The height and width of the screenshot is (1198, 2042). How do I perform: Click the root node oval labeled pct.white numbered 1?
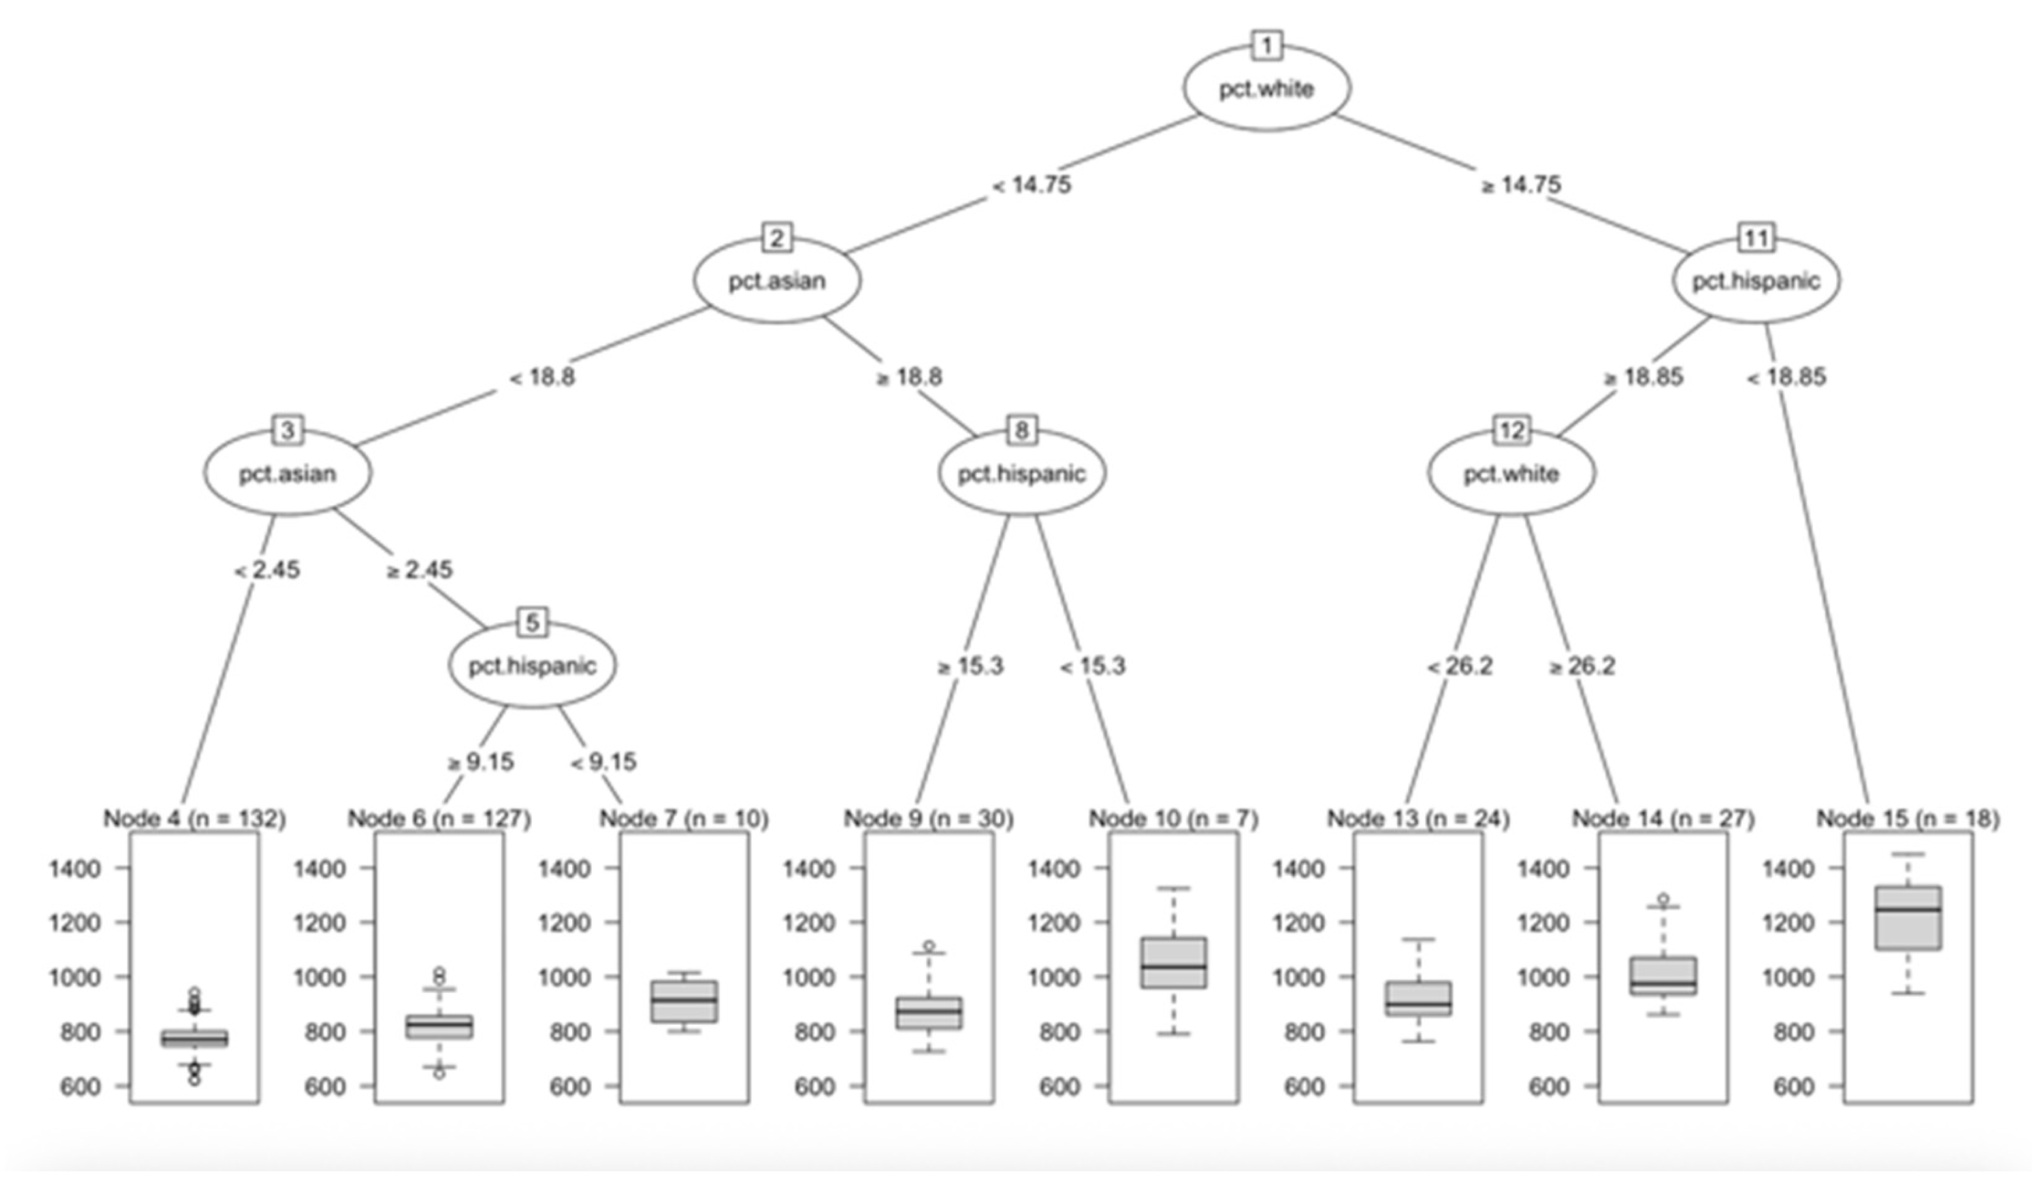tap(1267, 88)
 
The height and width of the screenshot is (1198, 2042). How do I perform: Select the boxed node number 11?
tap(1756, 239)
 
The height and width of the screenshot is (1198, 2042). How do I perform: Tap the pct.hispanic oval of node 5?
tap(532, 665)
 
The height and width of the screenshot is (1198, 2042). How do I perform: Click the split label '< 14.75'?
tap(1031, 185)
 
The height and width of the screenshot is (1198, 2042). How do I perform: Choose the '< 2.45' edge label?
tap(267, 570)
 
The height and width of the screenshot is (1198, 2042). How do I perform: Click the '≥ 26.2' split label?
tap(1581, 665)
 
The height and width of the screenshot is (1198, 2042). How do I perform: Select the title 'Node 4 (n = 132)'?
tap(195, 819)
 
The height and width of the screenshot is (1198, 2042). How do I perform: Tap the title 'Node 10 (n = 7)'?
tap(1173, 819)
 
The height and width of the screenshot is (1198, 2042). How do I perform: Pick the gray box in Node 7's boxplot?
tap(684, 1001)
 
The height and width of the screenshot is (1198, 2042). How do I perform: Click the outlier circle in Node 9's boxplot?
tap(930, 946)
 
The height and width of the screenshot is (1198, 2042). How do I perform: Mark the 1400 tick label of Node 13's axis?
tap(1298, 869)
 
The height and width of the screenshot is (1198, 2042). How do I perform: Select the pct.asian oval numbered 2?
tap(776, 280)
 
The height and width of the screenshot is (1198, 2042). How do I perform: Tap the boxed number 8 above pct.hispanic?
tap(1021, 431)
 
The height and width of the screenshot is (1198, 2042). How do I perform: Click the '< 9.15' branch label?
tap(604, 762)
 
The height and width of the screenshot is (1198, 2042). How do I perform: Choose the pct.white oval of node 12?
tap(1511, 473)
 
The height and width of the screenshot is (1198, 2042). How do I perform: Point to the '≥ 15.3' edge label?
tap(970, 665)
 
